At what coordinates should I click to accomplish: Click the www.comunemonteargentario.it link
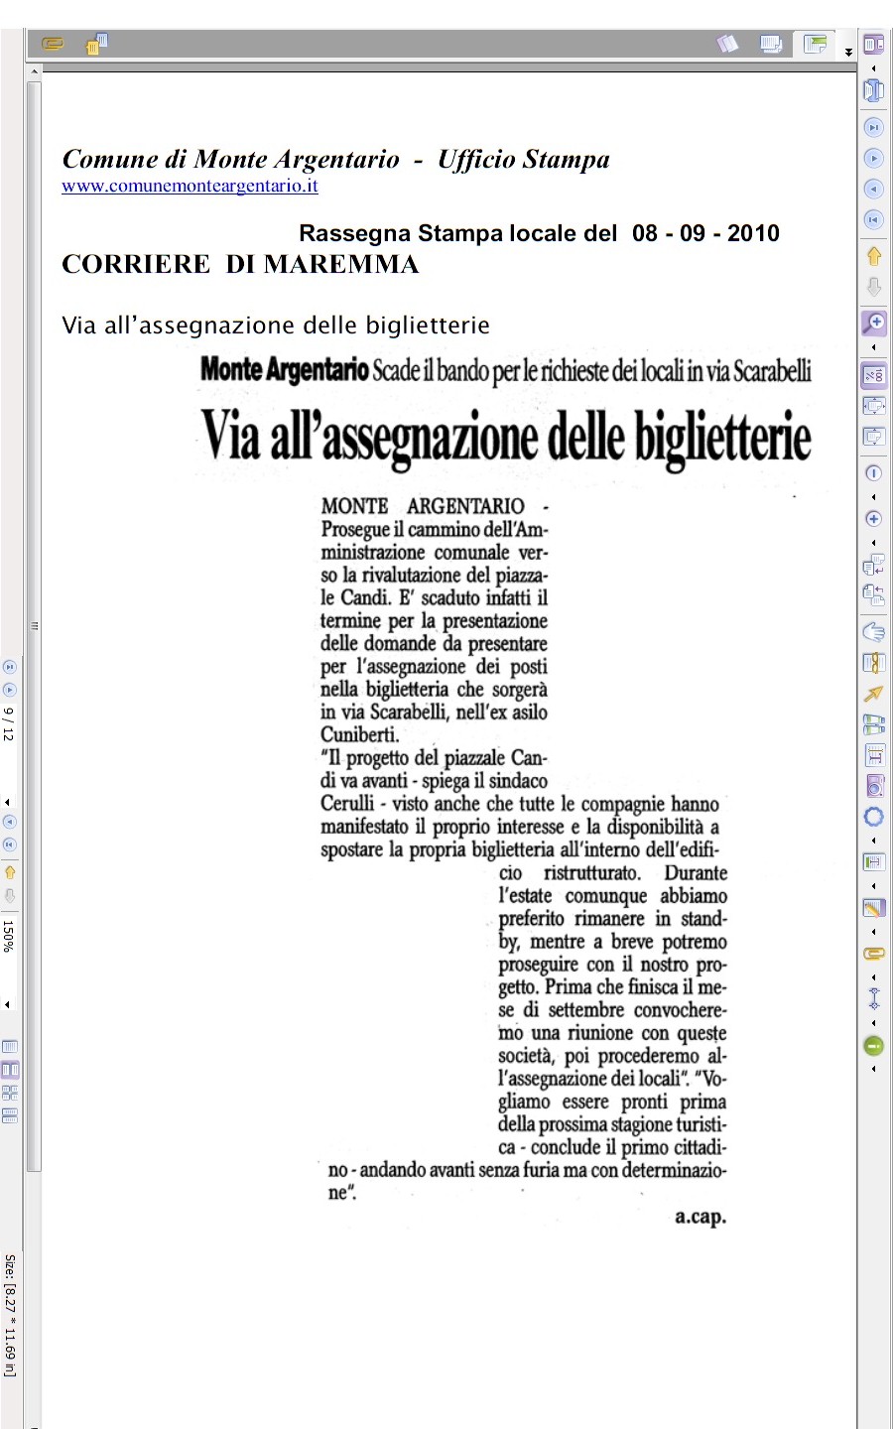click(x=190, y=186)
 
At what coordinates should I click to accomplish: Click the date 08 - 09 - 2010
click(x=705, y=233)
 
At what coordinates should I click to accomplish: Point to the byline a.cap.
click(x=701, y=1216)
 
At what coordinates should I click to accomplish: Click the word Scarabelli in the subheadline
click(x=772, y=371)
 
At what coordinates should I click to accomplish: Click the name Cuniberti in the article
click(x=359, y=735)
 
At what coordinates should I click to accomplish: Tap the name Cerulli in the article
click(x=347, y=804)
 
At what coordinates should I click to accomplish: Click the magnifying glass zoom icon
click(x=874, y=323)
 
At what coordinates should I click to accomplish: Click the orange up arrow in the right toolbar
click(x=874, y=256)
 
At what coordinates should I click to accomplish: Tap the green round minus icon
click(x=874, y=1046)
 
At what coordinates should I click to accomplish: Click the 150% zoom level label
click(x=9, y=936)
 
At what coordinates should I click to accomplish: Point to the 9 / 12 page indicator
click(x=9, y=723)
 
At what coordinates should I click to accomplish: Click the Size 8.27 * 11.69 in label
click(x=9, y=1315)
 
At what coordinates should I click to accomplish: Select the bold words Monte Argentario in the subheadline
click(x=284, y=370)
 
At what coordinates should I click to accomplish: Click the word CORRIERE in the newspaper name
click(x=136, y=264)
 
